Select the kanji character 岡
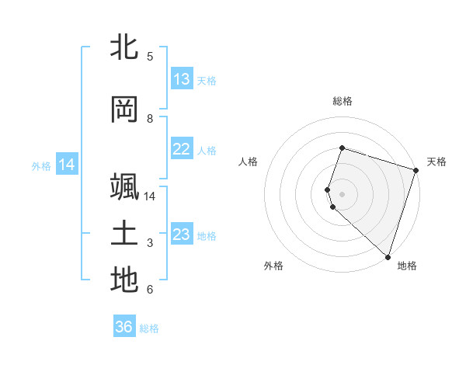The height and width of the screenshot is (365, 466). (x=124, y=110)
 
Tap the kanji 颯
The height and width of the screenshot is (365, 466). (x=124, y=188)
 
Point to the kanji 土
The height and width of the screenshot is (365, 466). (x=124, y=235)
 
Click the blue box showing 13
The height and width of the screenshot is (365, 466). (x=182, y=79)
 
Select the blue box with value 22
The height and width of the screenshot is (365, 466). (x=182, y=149)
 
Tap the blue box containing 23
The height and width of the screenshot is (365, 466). (x=182, y=235)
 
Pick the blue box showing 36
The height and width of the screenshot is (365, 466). (x=124, y=327)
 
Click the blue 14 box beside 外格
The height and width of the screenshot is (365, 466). (x=67, y=165)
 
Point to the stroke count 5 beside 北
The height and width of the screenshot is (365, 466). (x=150, y=56)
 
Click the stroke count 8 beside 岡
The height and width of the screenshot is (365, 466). (x=150, y=118)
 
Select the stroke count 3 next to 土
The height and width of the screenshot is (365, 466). (x=150, y=243)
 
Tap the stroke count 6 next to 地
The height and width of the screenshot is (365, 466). (x=150, y=290)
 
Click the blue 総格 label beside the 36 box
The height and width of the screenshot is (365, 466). (x=149, y=328)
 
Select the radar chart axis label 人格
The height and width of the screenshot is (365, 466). (x=249, y=162)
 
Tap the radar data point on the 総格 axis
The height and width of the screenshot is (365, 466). (x=342, y=148)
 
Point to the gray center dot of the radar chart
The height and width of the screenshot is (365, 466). (x=342, y=193)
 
